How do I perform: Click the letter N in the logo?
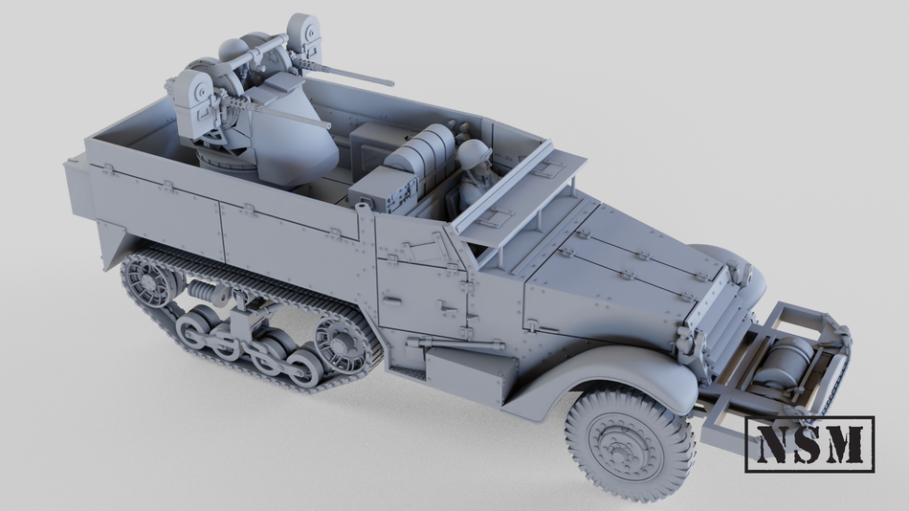pyautogui.click(x=773, y=443)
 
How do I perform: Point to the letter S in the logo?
pyautogui.click(x=809, y=443)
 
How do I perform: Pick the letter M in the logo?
pyautogui.click(x=847, y=443)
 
